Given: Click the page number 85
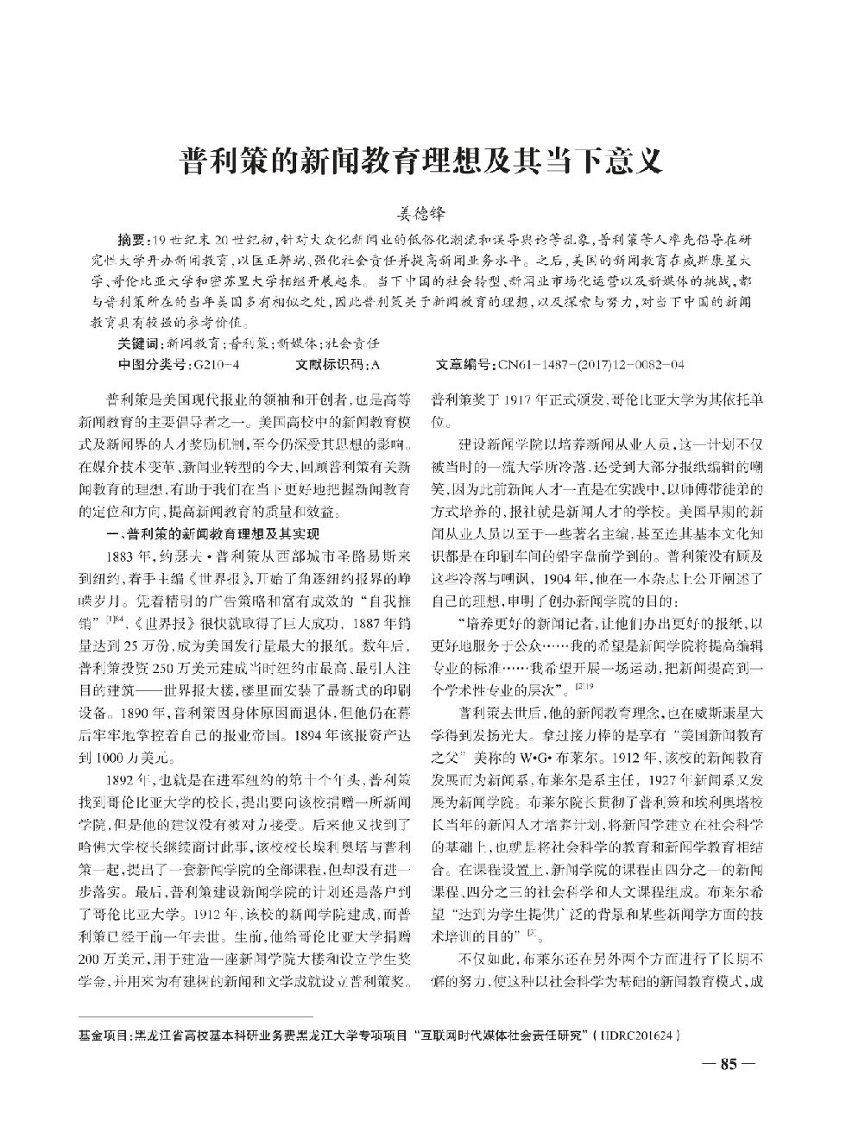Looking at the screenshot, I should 729,1065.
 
